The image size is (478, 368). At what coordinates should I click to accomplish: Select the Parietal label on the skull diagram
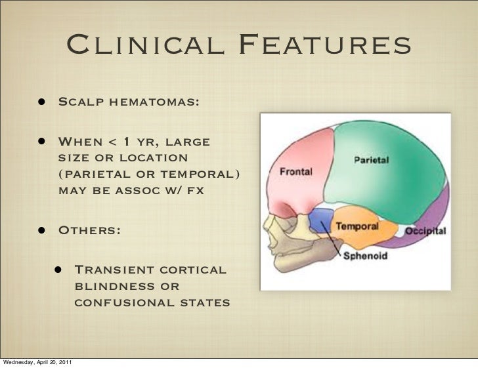point(372,159)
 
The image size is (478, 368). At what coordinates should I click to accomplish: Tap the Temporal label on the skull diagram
point(357,226)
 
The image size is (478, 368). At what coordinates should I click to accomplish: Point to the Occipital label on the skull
point(425,231)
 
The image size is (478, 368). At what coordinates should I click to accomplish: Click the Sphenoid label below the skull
point(366,256)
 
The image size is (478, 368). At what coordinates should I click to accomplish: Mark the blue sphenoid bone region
point(320,220)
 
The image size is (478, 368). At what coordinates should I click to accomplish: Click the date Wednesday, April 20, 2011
point(37,363)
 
